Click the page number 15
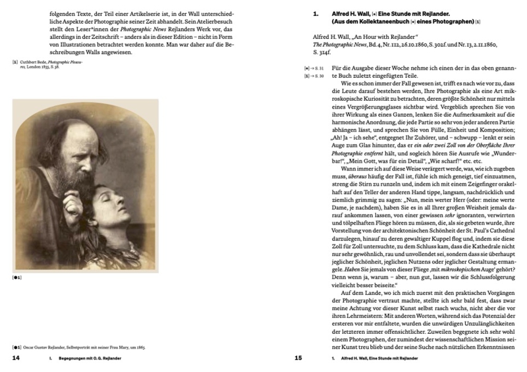pos(297,359)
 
